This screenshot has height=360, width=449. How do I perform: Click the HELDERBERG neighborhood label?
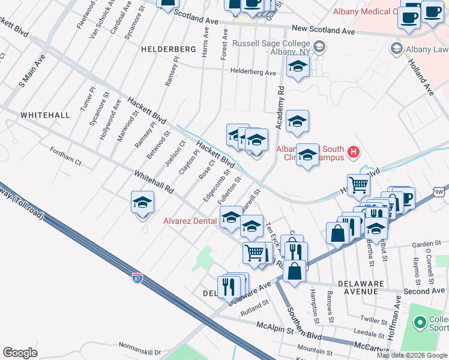pyautogui.click(x=168, y=49)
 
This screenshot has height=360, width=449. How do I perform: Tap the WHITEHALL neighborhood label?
pyautogui.click(x=45, y=114)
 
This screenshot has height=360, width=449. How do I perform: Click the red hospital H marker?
pyautogui.click(x=354, y=152)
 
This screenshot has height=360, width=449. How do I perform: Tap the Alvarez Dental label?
pyautogui.click(x=190, y=221)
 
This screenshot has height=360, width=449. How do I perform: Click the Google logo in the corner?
pyautogui.click(x=20, y=353)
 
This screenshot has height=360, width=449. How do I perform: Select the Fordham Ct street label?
pyautogui.click(x=65, y=157)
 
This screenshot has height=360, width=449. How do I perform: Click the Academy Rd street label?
pyautogui.click(x=279, y=107)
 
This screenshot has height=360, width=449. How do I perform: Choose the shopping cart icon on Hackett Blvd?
pyautogui.click(x=358, y=185)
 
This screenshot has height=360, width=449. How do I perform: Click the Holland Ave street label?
pyautogui.click(x=420, y=77)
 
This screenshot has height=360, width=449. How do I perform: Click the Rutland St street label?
pyautogui.click(x=254, y=305)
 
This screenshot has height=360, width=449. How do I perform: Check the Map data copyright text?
pyautogui.click(x=412, y=355)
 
